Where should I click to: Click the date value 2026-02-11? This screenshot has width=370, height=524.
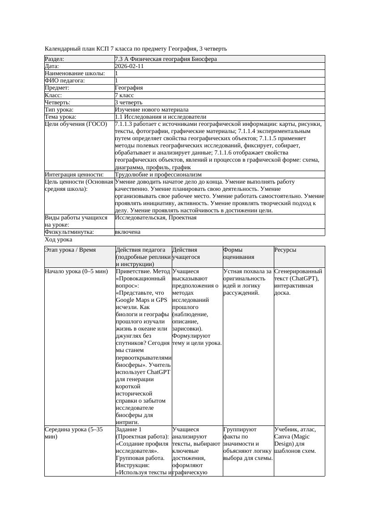(129, 66)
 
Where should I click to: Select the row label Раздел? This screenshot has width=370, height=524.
(55, 59)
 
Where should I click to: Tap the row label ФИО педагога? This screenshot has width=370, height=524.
(65, 81)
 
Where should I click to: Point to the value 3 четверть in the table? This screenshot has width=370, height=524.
(128, 102)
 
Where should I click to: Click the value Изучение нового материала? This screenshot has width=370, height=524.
(152, 109)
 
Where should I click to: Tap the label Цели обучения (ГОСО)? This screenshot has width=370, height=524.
(76, 124)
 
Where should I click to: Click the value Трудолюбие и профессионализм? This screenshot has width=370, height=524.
(158, 174)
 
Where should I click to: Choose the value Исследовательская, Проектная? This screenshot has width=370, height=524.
(156, 218)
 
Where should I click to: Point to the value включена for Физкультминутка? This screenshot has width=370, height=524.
(128, 232)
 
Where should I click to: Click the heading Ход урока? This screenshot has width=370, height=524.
(59, 240)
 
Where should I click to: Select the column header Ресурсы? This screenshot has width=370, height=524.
(285, 250)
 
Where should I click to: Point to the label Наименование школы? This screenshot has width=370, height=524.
(75, 73)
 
